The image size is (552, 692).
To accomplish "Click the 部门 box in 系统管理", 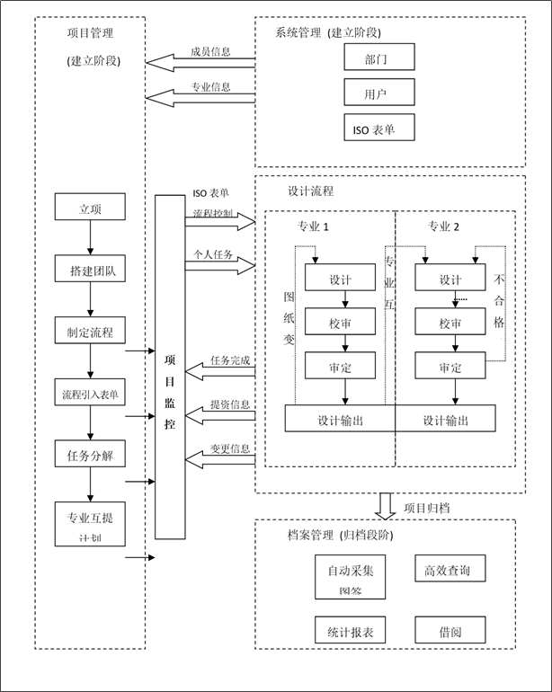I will pyautogui.click(x=378, y=58).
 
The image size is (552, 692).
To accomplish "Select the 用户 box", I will pyautogui.click(x=378, y=93).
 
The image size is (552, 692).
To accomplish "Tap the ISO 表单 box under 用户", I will pyautogui.click(x=378, y=129).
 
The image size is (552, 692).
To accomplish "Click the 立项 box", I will pyautogui.click(x=90, y=208).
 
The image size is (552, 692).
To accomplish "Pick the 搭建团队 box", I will pyautogui.click(x=90, y=270).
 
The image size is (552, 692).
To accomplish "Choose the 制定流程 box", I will pyautogui.click(x=90, y=332).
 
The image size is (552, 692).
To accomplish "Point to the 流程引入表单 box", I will pyautogui.click(x=90, y=393).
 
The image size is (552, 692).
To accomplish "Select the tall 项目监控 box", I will pyautogui.click(x=170, y=367).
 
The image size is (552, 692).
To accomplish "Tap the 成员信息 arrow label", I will pyautogui.click(x=210, y=52).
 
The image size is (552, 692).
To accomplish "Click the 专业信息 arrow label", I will pyautogui.click(x=210, y=87).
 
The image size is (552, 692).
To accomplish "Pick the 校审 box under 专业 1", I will pyautogui.click(x=340, y=322).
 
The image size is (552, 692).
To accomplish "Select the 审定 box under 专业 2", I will pyautogui.click(x=450, y=366).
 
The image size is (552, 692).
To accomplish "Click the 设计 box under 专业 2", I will pyautogui.click(x=450, y=279).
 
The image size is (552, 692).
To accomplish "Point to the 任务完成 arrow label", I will pyautogui.click(x=230, y=360).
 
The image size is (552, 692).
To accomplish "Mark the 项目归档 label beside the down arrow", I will pyautogui.click(x=427, y=508).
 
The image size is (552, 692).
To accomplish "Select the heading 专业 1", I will pyautogui.click(x=313, y=226).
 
